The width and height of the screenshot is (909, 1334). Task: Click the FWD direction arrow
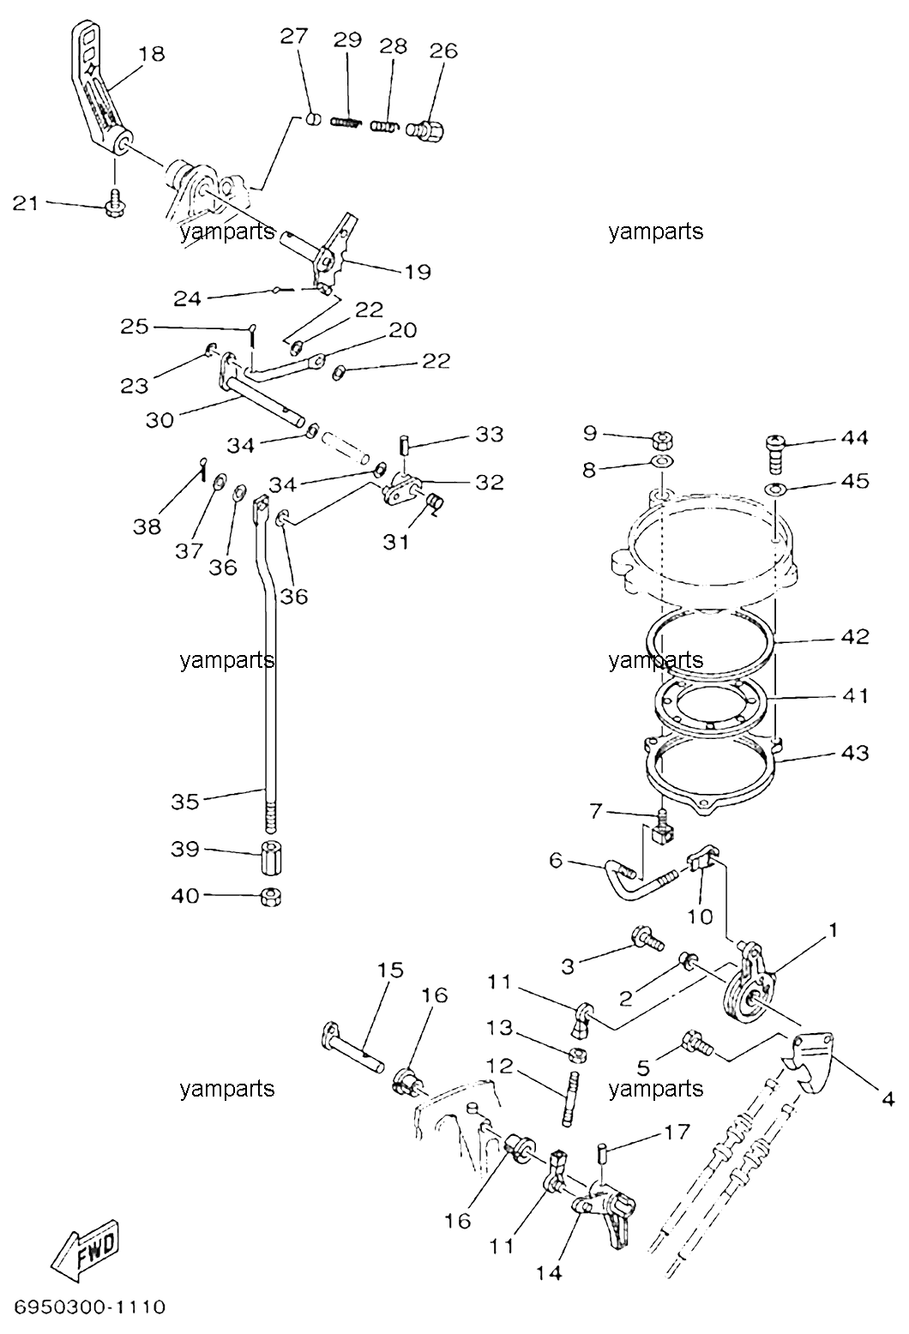84,1248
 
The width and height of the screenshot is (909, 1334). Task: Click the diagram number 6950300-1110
90,1307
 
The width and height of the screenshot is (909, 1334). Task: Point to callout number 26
443,51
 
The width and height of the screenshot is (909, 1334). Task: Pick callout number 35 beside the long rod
184,802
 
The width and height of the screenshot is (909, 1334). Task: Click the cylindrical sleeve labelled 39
271,857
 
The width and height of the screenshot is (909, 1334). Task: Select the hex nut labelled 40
271,896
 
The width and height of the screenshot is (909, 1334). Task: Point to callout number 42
855,637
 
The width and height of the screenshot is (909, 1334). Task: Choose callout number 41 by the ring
855,695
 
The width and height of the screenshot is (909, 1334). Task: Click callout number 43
855,753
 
